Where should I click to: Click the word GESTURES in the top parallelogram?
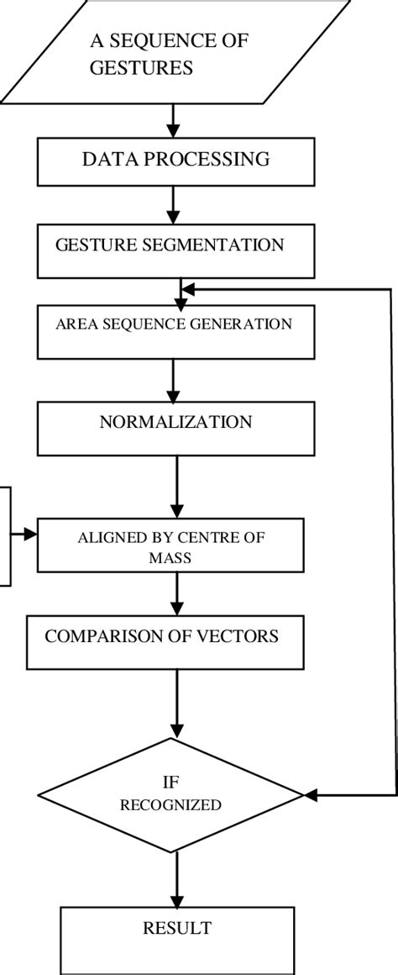pos(141,68)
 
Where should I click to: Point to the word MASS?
pos(175,556)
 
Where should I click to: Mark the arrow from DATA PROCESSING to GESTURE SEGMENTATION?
pos(174,205)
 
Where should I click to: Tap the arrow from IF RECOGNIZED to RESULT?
pos(175,878)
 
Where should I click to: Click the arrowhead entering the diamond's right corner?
pos(309,794)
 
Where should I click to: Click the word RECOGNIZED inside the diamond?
pos(170,805)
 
